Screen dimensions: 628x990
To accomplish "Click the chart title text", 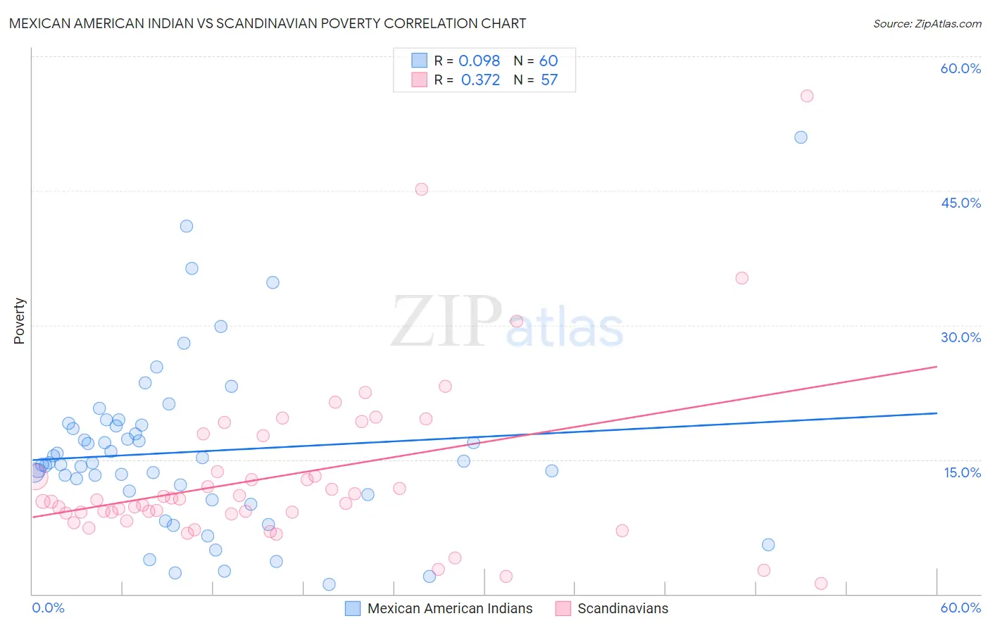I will point(268,23).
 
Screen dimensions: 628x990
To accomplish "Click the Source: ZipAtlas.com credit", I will point(927,23).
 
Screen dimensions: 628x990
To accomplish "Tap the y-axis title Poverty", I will point(19,321).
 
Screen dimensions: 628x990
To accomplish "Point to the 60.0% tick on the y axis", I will point(960,68).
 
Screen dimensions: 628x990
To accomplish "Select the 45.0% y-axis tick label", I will point(960,203).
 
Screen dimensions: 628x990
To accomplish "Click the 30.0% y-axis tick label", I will point(960,337).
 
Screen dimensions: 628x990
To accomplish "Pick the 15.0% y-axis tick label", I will point(962,472).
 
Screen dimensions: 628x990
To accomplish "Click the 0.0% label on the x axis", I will point(48,608).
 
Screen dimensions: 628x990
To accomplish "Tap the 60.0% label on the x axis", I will point(960,608).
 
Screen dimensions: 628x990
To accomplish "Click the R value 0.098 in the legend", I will point(479,61).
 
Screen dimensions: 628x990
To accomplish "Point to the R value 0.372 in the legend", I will point(480,80).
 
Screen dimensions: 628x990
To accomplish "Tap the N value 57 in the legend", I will point(549,80).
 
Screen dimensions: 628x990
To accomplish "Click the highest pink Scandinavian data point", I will point(807,96).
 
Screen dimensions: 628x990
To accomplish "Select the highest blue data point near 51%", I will point(801,137).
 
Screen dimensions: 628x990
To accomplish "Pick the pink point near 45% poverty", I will point(421,189).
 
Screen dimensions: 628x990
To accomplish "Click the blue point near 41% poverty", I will point(187,226).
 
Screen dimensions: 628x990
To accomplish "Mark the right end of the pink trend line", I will point(936,366).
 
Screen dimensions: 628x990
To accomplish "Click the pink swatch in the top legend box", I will point(420,80).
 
